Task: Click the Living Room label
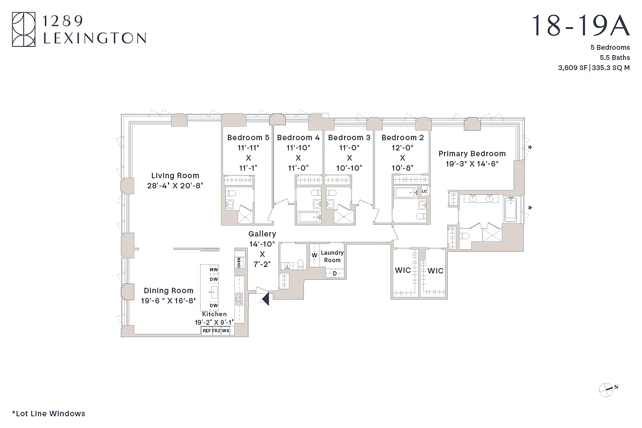click(175, 175)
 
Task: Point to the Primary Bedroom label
click(472, 154)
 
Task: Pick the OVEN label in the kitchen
click(239, 263)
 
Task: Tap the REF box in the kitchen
click(206, 331)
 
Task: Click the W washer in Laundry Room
click(315, 255)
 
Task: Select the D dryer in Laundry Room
click(335, 273)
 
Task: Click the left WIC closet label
click(403, 270)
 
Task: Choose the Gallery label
click(262, 234)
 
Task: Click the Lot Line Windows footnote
click(48, 414)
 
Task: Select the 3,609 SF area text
click(572, 67)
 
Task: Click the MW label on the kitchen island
click(213, 270)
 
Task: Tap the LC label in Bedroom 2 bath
click(424, 192)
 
